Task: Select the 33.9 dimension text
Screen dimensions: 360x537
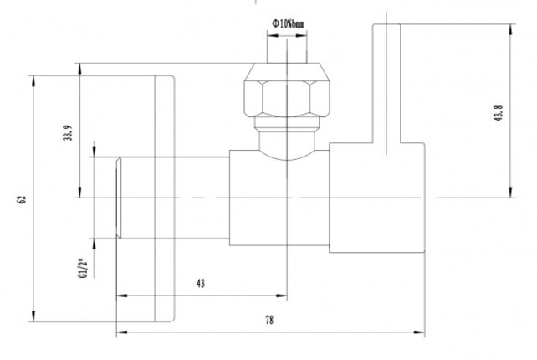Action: click(68, 134)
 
